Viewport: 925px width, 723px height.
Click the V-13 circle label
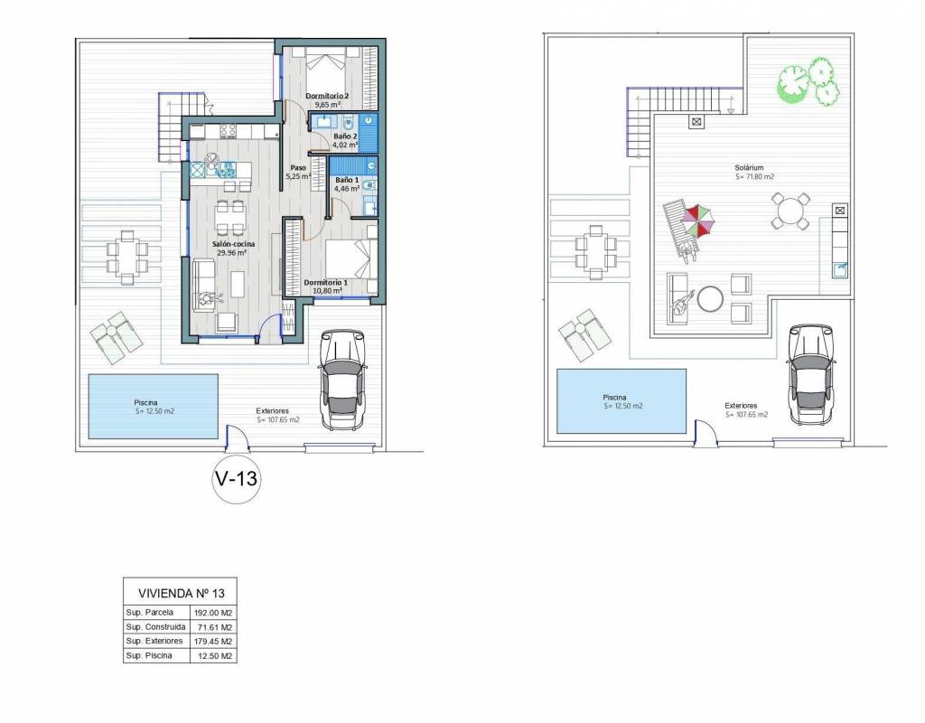tap(237, 479)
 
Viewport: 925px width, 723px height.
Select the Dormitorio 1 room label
tap(325, 283)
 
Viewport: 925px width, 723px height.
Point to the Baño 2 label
tap(345, 136)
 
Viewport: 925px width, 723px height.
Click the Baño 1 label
tap(347, 180)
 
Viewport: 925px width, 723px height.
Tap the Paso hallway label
tap(298, 167)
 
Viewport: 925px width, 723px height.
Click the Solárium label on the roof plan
tap(749, 168)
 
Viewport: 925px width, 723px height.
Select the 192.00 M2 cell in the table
tap(213, 613)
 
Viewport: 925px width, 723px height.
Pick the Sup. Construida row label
tap(155, 627)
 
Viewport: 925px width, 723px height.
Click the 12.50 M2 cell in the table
tap(213, 656)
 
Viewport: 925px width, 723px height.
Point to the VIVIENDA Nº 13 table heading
tap(181, 593)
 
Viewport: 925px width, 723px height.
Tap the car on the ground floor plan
tap(341, 380)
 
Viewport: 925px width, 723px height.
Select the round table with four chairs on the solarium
tap(790, 211)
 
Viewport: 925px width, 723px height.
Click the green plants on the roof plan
tap(808, 80)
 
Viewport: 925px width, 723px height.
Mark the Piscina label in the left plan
tap(145, 402)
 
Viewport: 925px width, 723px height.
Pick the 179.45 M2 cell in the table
tap(213, 641)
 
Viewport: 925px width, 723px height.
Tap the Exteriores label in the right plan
tap(741, 406)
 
